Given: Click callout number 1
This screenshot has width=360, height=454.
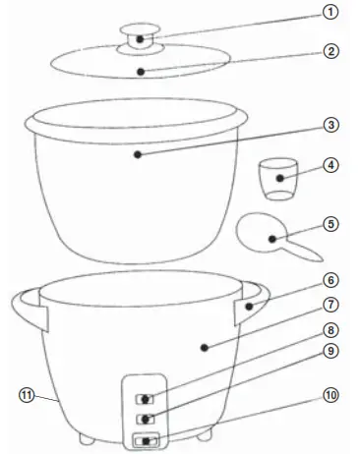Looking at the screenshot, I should (332, 13).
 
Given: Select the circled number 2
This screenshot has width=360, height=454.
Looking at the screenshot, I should (332, 51).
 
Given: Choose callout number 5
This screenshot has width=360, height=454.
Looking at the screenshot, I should (332, 224).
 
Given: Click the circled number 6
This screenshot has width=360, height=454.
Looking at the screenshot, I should (332, 279).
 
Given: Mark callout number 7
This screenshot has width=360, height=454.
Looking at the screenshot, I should (332, 306).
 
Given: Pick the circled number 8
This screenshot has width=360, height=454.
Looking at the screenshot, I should (332, 331).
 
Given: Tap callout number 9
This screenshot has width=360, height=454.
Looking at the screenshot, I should (332, 350).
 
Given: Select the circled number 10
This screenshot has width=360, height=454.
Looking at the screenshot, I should (332, 395).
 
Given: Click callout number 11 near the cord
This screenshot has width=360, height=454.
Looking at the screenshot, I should (27, 395).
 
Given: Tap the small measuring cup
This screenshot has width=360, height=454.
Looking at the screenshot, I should (280, 180).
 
